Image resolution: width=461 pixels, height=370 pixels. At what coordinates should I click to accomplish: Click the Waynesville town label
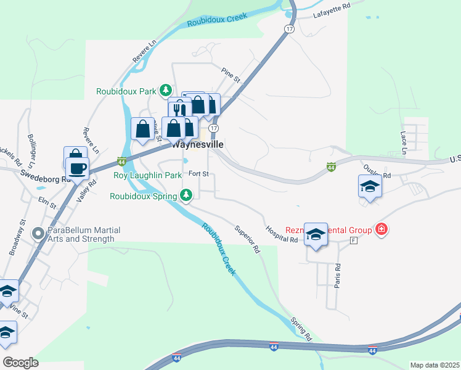pos(197,144)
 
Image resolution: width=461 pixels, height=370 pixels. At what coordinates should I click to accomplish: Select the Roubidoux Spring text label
pos(144,196)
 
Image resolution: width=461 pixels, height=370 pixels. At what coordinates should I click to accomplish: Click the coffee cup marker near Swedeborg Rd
pos(78,168)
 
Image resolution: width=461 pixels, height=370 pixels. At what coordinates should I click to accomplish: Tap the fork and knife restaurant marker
pos(179,109)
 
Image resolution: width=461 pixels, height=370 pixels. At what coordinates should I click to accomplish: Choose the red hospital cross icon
pos(381,230)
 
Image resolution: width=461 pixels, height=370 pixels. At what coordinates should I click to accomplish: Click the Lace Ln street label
pos(404,142)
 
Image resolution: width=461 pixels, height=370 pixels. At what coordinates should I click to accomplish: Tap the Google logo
pos(21,362)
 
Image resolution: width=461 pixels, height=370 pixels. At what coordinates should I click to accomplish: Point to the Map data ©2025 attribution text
pos(434,365)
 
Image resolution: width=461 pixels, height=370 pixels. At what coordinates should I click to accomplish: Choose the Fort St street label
pos(199,174)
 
